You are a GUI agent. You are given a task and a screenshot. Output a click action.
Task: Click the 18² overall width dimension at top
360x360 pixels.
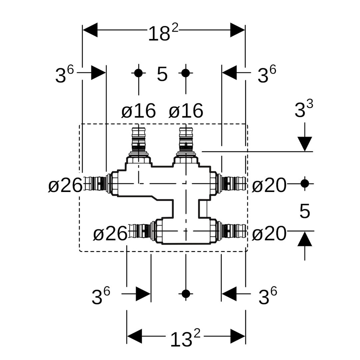163,33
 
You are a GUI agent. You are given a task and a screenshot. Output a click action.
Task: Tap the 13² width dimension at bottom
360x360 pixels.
185,338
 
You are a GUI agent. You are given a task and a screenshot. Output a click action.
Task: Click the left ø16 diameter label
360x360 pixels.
138,111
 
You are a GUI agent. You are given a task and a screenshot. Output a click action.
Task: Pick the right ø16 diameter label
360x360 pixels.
186,111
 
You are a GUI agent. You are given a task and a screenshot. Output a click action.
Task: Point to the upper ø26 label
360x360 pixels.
65,185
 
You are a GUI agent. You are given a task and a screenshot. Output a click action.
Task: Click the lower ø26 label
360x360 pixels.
110,234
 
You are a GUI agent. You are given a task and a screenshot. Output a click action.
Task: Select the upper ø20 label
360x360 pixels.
269,185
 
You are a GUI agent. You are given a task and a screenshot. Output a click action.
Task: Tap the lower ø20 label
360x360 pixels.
269,234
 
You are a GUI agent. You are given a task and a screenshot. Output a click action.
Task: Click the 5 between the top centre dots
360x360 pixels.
162,74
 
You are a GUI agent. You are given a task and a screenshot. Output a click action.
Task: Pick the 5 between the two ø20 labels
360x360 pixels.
305,211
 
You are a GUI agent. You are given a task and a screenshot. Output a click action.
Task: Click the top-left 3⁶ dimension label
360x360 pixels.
64,75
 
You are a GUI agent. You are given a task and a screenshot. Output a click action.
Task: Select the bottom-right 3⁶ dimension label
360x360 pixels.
267,296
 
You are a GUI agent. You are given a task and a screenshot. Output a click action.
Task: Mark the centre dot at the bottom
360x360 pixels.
186,294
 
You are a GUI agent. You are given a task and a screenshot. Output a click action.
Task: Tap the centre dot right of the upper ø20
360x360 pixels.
305,183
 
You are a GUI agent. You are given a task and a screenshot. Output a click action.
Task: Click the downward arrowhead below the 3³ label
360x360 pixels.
305,143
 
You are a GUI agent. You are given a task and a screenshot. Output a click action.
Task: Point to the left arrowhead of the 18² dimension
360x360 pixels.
90,30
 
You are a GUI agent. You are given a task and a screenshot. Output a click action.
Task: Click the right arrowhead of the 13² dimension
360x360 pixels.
237,336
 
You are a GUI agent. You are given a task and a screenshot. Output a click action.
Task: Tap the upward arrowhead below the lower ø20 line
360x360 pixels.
305,239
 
